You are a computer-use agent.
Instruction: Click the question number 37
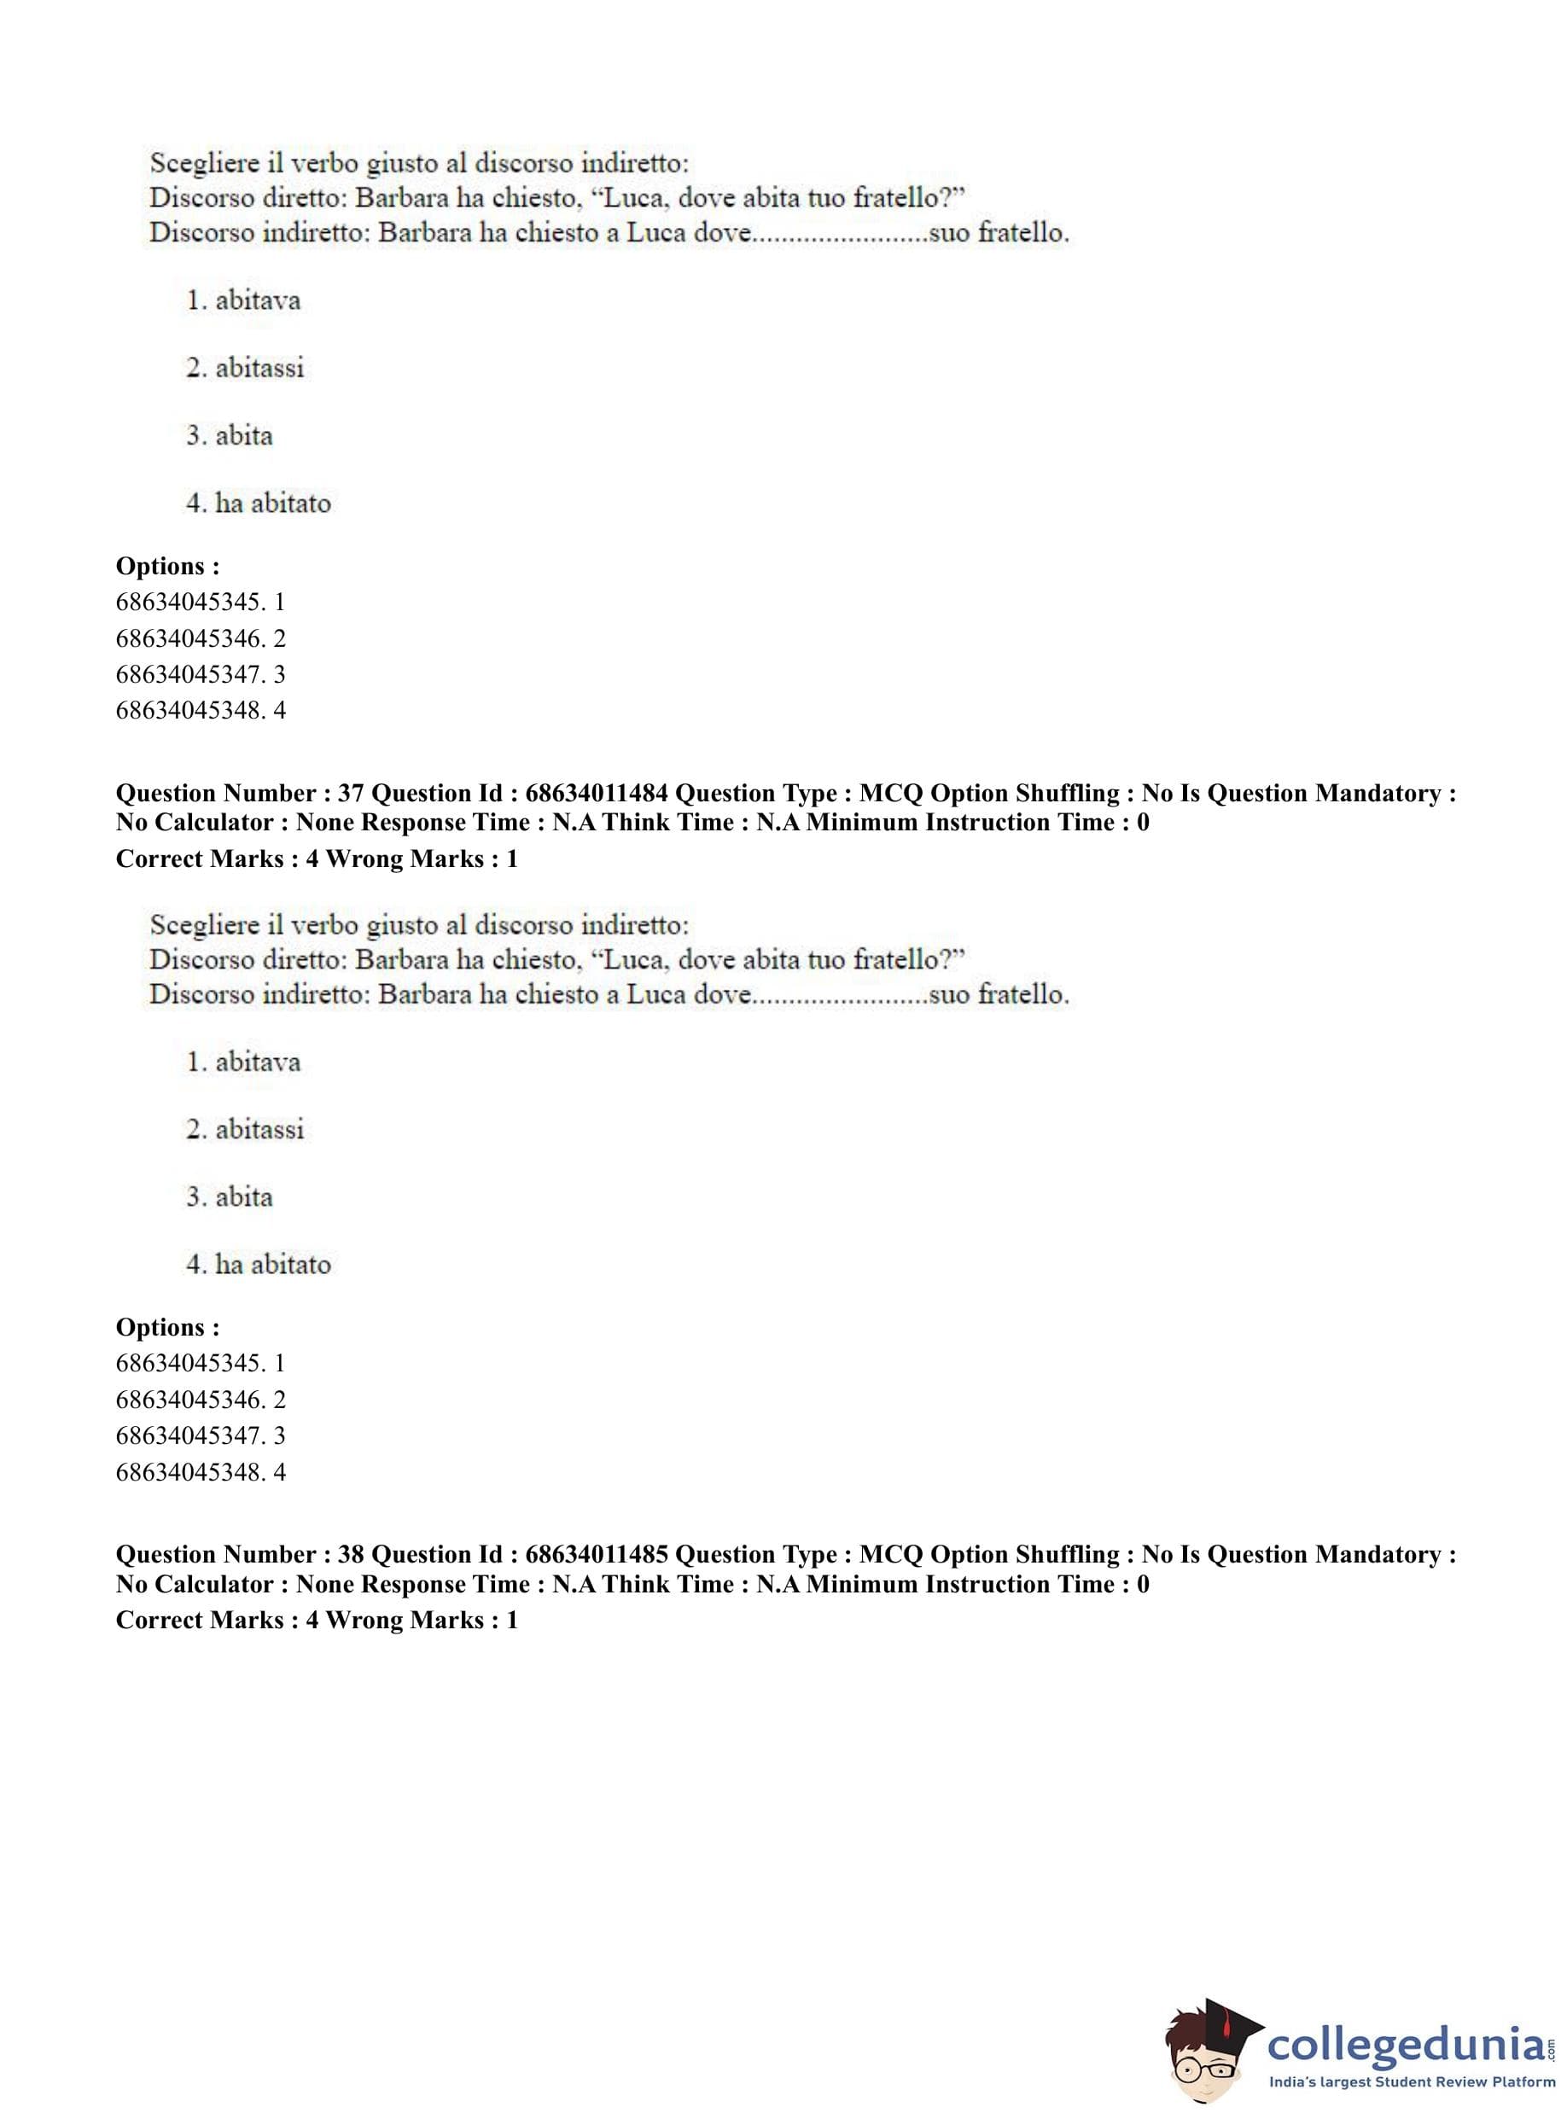[x=350, y=793]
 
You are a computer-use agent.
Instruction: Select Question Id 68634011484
[x=596, y=793]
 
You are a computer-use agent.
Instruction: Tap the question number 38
[x=350, y=1554]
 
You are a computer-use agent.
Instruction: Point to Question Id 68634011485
[x=596, y=1554]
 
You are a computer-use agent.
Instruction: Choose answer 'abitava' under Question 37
[x=257, y=1062]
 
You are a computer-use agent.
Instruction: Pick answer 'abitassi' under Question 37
[x=259, y=1130]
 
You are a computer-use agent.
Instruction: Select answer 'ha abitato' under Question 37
[x=272, y=1264]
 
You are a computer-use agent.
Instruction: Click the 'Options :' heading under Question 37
[x=168, y=1327]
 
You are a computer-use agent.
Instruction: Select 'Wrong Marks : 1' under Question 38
[x=422, y=1620]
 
